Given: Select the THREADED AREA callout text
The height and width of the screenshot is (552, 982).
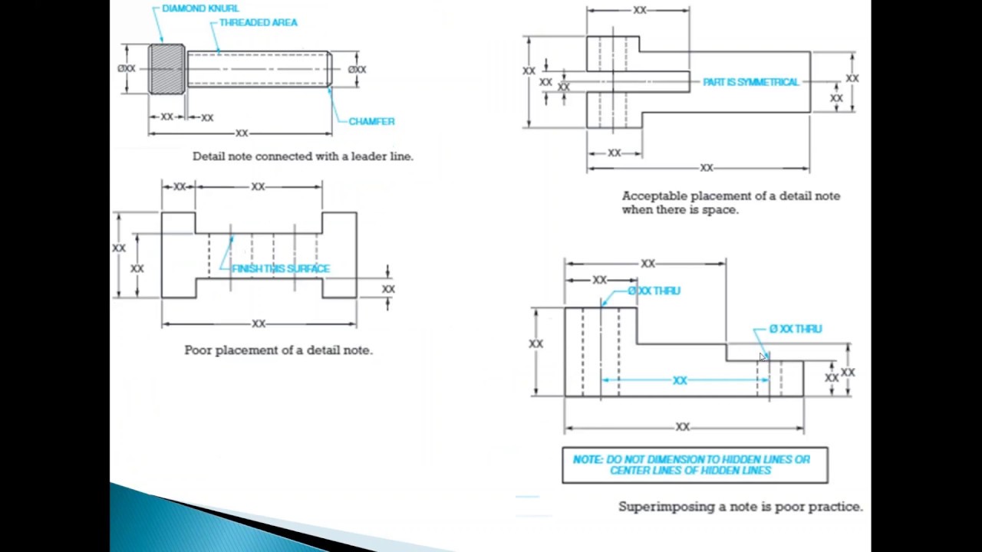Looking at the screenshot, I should click(x=258, y=23).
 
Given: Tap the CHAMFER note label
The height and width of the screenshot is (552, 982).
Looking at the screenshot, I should click(x=371, y=121).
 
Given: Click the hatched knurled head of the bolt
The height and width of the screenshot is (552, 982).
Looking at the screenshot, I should click(x=166, y=69).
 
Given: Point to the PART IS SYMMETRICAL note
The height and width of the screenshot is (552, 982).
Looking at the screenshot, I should click(x=750, y=82).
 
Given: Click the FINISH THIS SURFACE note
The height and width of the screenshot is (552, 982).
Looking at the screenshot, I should click(x=281, y=268).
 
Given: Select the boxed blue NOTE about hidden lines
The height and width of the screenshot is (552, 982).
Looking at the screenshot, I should click(x=694, y=465).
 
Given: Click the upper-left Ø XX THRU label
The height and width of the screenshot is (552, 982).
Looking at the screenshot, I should click(x=654, y=291).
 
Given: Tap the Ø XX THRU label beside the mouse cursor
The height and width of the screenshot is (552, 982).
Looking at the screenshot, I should click(x=796, y=329).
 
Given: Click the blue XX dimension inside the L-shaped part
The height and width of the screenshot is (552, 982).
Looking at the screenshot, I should click(x=680, y=380).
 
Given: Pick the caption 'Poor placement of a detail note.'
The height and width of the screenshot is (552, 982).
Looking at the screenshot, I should click(x=278, y=350).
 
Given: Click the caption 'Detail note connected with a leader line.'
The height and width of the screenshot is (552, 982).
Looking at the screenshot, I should click(x=303, y=156).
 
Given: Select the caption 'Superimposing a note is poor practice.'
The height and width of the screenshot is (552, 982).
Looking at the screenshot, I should click(x=740, y=507).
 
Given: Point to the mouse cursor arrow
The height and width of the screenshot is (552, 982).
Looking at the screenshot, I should click(x=763, y=356).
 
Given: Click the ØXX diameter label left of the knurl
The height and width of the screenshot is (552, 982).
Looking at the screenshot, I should click(x=127, y=69).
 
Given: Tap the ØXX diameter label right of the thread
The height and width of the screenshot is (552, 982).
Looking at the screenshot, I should click(x=357, y=70).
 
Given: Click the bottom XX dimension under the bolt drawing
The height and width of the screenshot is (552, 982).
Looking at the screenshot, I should click(x=242, y=133).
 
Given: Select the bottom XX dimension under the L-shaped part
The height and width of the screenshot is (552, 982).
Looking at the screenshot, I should click(x=682, y=427).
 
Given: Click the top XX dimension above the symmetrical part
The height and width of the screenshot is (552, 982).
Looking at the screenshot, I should click(x=639, y=11).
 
